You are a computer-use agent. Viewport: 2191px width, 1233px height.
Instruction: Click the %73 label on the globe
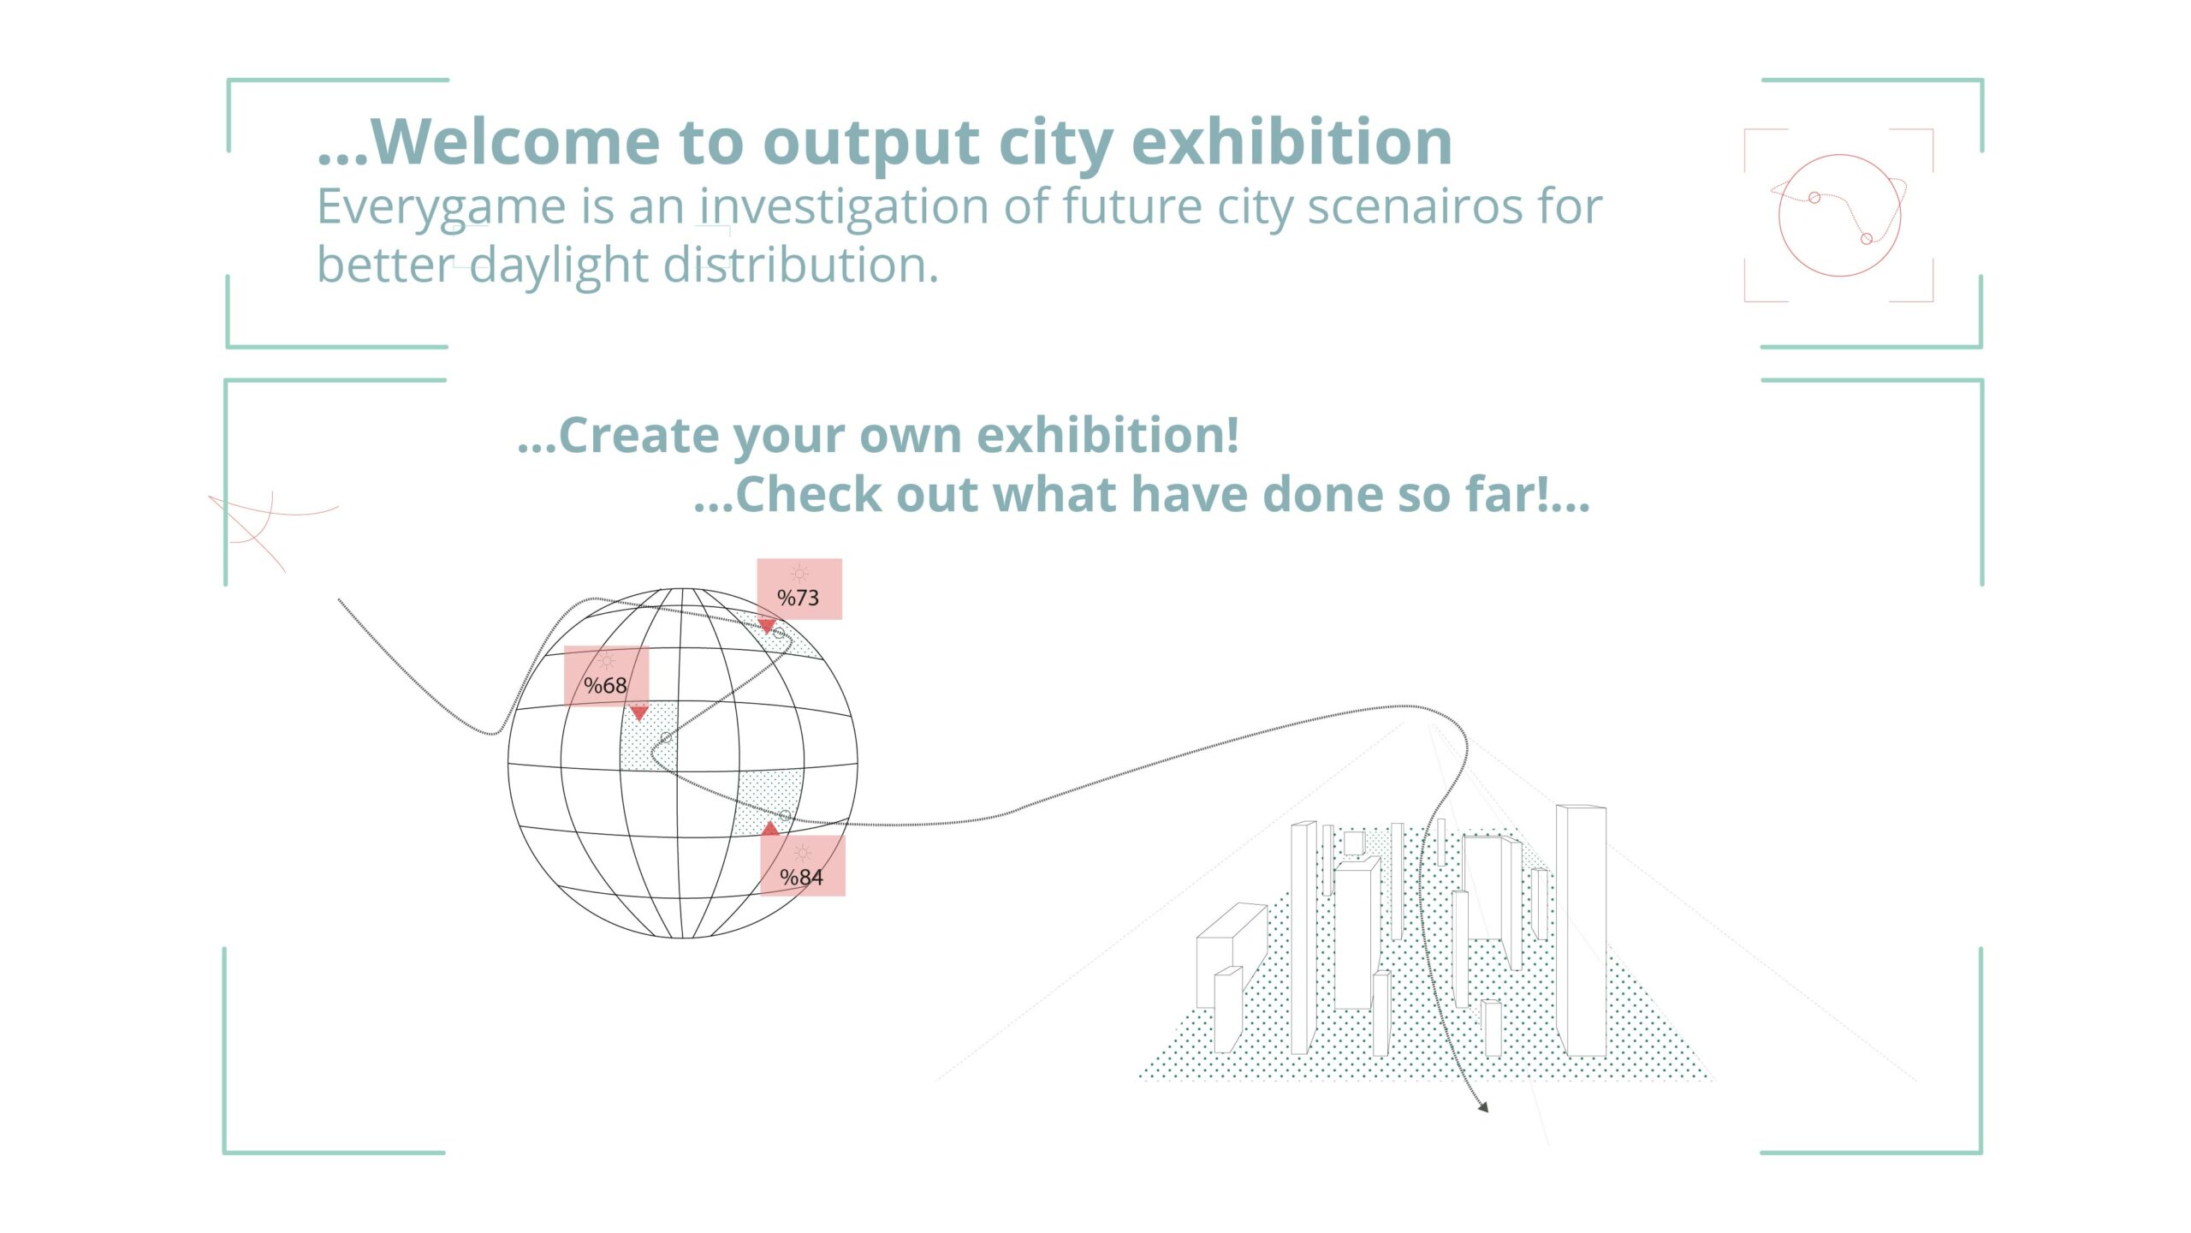point(799,589)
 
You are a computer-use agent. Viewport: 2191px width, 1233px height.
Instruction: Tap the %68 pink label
point(606,676)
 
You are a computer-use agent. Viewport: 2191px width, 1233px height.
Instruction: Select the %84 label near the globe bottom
point(803,866)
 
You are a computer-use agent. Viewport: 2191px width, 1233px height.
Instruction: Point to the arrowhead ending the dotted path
point(1482,1106)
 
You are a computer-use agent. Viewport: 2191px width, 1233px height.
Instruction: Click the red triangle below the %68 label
point(638,712)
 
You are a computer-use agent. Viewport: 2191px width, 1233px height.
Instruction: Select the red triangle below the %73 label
point(767,625)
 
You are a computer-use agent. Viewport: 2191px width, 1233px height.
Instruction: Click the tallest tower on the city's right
point(1581,931)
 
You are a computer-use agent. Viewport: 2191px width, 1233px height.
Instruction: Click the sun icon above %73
point(799,574)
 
